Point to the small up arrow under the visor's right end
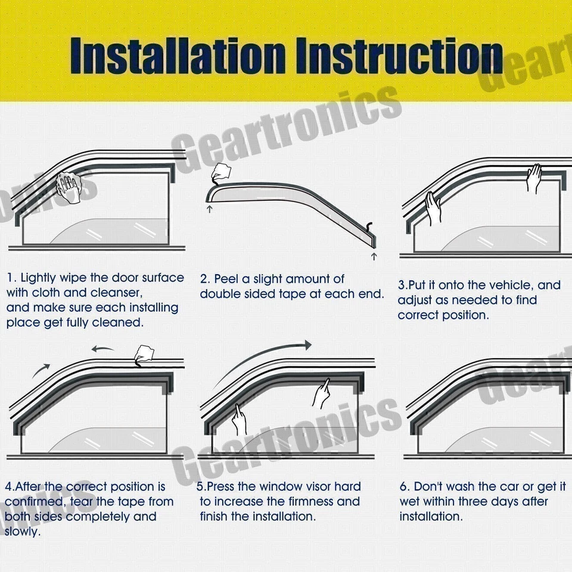(374, 256)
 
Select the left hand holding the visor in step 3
(433, 208)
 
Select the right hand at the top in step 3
(534, 177)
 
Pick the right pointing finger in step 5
(322, 393)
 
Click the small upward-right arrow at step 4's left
(42, 371)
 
